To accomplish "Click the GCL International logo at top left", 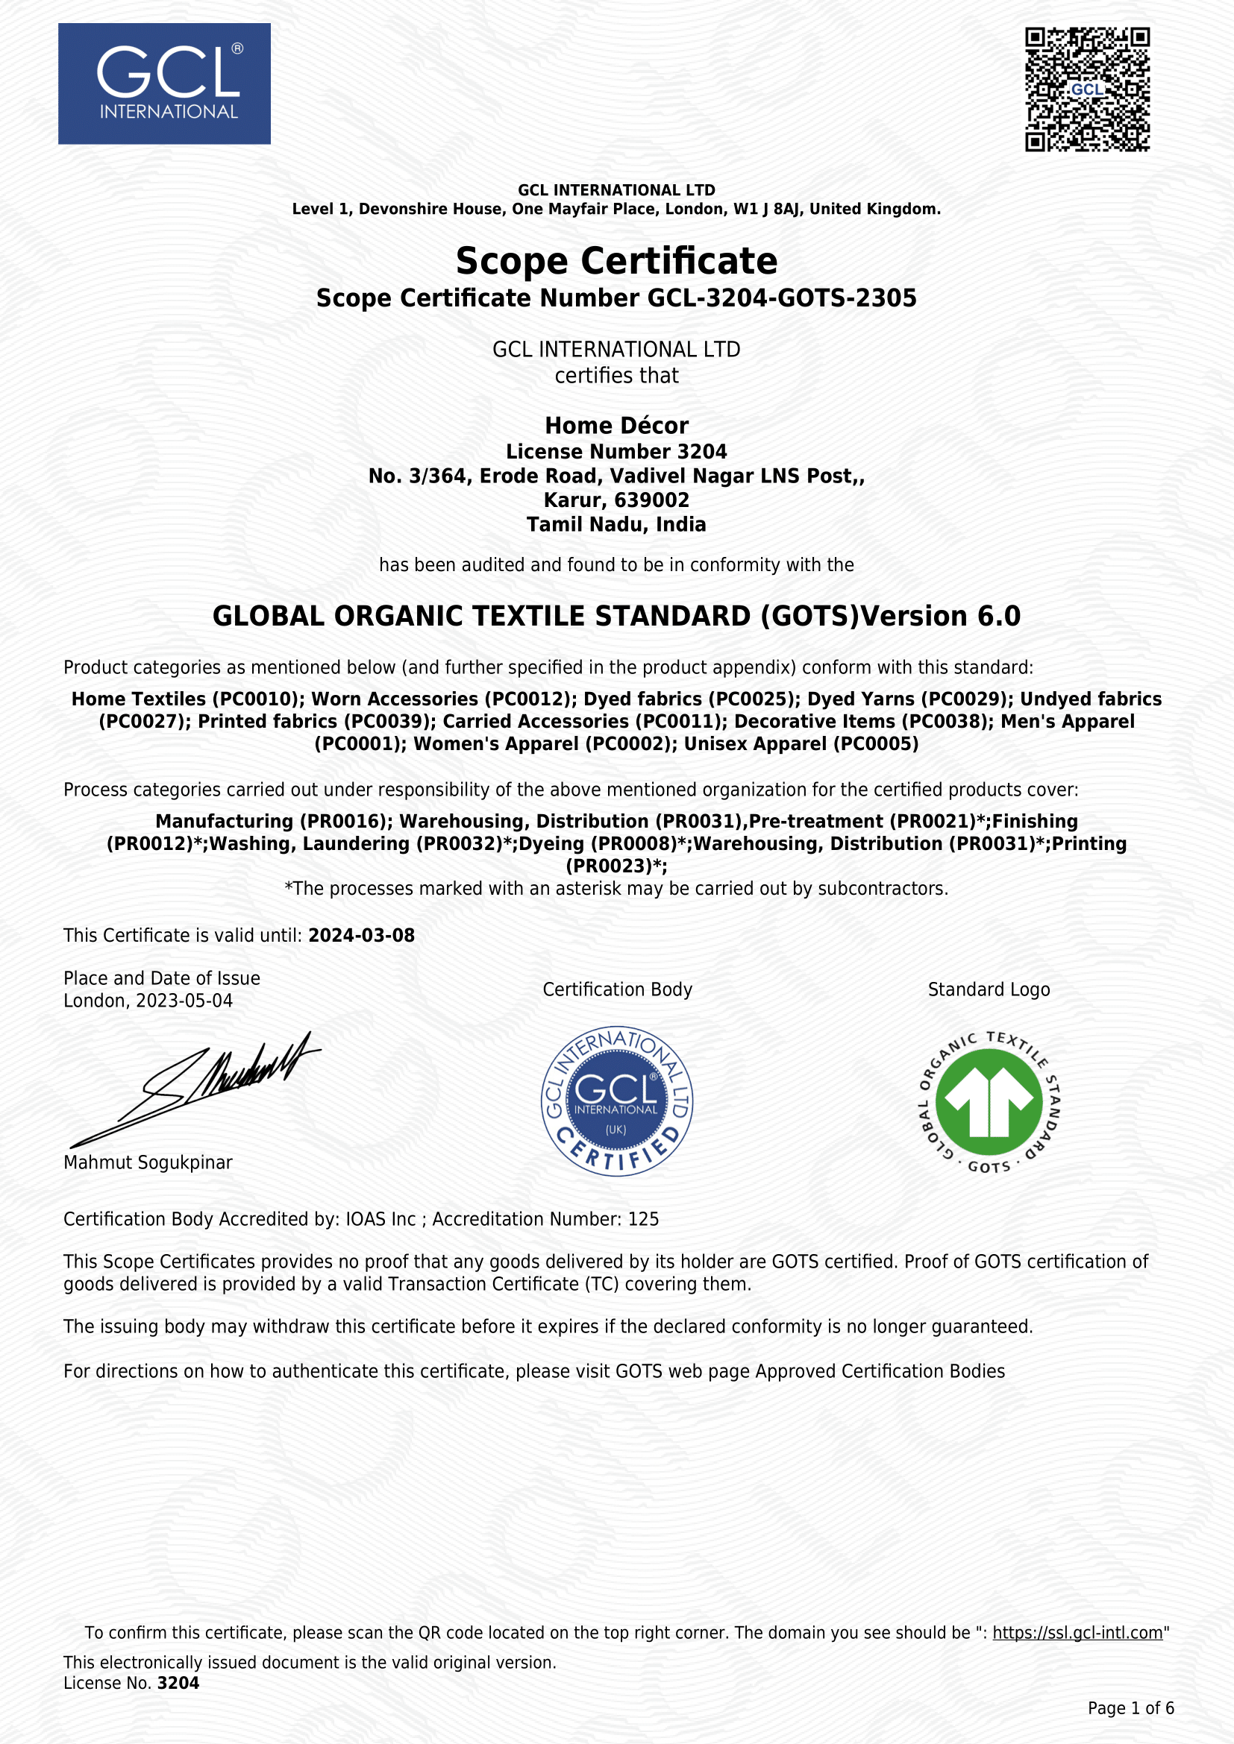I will (x=164, y=84).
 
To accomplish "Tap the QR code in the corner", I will (x=1086, y=89).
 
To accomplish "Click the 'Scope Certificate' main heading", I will (x=616, y=261).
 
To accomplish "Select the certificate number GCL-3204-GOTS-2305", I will (x=782, y=298).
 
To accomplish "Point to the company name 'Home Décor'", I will (x=616, y=425).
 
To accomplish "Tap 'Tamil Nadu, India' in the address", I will (x=616, y=525).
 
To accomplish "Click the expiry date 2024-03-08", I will (x=361, y=935).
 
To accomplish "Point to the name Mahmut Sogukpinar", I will (x=148, y=1162).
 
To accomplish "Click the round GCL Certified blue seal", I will (x=616, y=1101).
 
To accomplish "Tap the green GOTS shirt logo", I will (x=989, y=1102).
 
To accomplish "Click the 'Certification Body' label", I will (x=617, y=989).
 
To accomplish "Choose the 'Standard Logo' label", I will (x=989, y=989).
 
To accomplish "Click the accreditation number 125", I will (x=644, y=1219).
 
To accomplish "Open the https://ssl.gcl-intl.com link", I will (x=1077, y=1633).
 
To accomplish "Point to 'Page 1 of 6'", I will (x=1130, y=1708).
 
